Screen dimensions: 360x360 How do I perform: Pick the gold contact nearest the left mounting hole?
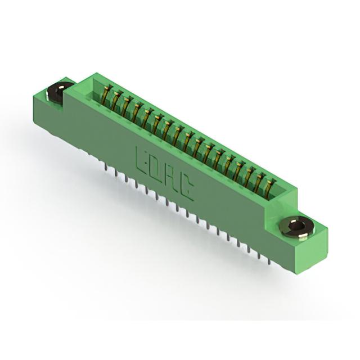click(x=106, y=94)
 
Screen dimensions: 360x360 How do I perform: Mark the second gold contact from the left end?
click(x=115, y=100)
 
